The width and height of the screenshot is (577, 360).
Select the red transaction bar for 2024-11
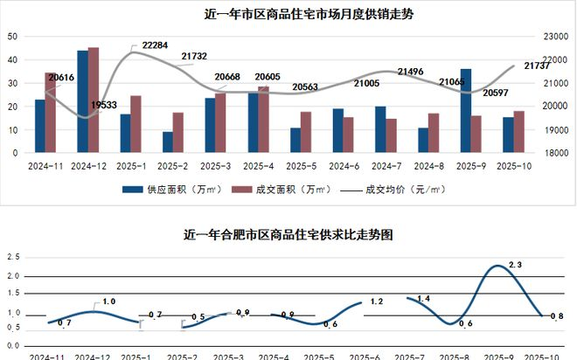[51, 112]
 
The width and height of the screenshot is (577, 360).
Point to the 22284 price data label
[155, 45]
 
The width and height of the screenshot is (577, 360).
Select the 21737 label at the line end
[537, 66]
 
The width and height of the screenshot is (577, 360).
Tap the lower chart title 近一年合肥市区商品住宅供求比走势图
[288, 235]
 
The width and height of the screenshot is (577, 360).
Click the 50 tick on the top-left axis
[12, 37]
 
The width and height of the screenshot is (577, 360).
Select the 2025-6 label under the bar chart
[343, 164]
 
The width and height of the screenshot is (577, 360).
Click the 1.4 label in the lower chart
[423, 300]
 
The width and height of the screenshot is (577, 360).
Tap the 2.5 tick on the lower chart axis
[13, 257]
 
